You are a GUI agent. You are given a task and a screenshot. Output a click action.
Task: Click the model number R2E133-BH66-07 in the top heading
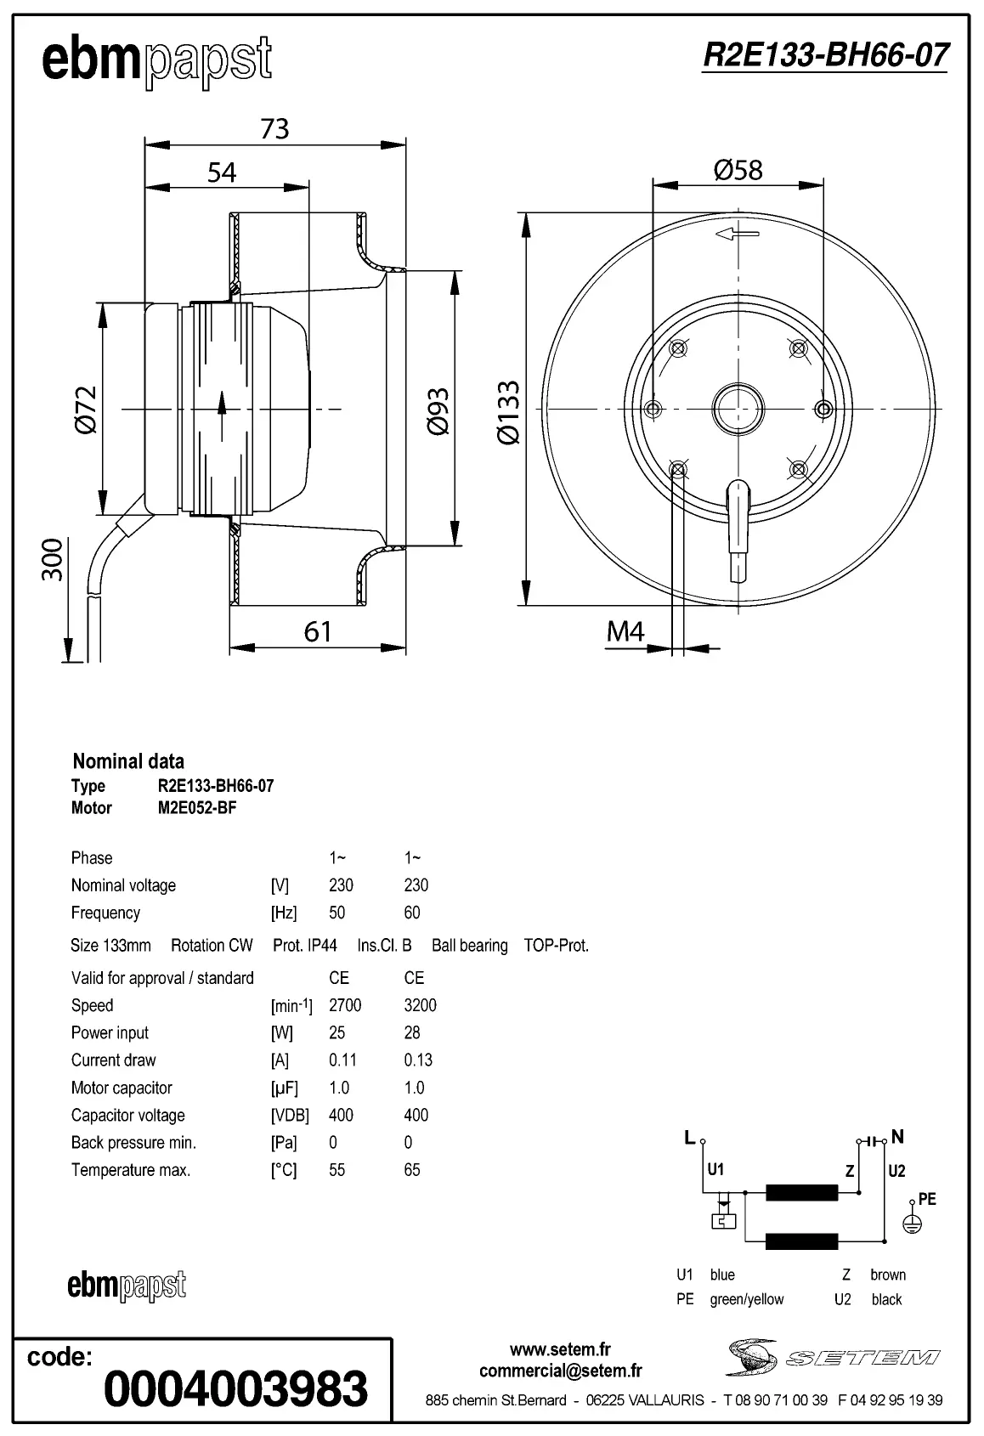[x=824, y=55]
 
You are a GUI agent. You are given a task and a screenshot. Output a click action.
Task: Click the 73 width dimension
[x=274, y=128]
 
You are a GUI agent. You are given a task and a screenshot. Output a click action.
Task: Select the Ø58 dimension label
[x=738, y=170]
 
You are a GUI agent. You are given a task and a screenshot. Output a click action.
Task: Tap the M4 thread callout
[x=625, y=631]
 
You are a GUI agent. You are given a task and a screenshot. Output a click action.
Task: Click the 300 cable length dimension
[x=53, y=559]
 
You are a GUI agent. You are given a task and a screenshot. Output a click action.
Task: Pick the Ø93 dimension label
[x=438, y=411]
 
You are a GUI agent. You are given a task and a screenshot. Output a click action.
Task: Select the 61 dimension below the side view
[x=318, y=631]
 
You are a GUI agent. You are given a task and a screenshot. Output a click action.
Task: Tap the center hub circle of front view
[x=738, y=409]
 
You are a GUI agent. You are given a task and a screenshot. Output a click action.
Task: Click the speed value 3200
[x=420, y=1005]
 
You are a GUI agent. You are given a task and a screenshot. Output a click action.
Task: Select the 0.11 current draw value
[x=342, y=1060]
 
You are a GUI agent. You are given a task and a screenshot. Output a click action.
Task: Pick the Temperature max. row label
[x=130, y=1170]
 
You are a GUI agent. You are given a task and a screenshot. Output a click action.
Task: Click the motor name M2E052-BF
[x=197, y=808]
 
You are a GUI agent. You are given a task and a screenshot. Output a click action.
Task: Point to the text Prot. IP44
[x=304, y=945]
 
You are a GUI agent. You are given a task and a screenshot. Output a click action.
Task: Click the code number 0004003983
[x=235, y=1388]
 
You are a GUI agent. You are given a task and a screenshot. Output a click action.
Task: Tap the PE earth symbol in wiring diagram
[x=912, y=1224]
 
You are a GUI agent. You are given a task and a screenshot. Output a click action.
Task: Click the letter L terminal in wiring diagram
[x=690, y=1137]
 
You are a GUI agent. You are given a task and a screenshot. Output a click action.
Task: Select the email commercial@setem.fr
[x=560, y=1371]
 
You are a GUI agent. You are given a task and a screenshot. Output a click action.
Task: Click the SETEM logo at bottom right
[x=833, y=1357]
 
